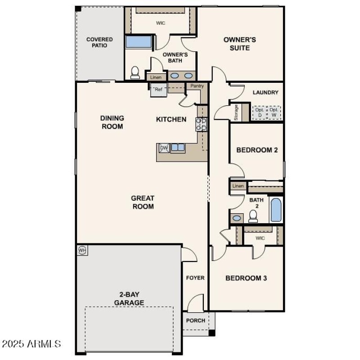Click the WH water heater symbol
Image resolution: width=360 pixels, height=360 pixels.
[82, 250]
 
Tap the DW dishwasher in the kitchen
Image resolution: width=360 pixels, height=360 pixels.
[163, 148]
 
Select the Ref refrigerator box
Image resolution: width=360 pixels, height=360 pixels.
[158, 90]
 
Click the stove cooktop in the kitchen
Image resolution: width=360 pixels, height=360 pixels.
[201, 124]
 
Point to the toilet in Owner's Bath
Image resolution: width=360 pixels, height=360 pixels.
[135, 73]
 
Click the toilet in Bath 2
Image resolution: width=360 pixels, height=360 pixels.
[253, 216]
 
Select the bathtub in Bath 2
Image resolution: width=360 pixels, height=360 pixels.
[276, 209]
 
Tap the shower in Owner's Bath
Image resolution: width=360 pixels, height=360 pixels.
[139, 42]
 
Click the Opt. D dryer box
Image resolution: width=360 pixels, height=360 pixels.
[259, 112]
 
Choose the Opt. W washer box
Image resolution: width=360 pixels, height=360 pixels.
[274, 112]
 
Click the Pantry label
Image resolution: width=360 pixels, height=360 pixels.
[197, 86]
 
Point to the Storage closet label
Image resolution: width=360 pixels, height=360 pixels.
[236, 112]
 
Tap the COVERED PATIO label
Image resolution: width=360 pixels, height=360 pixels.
[99, 42]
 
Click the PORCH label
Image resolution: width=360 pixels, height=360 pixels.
[196, 320]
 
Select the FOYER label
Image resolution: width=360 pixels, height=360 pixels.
[195, 278]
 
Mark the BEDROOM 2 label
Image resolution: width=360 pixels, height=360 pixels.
[257, 150]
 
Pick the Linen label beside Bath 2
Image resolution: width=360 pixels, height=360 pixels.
[238, 186]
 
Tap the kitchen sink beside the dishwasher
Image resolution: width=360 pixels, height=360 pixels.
[178, 148]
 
